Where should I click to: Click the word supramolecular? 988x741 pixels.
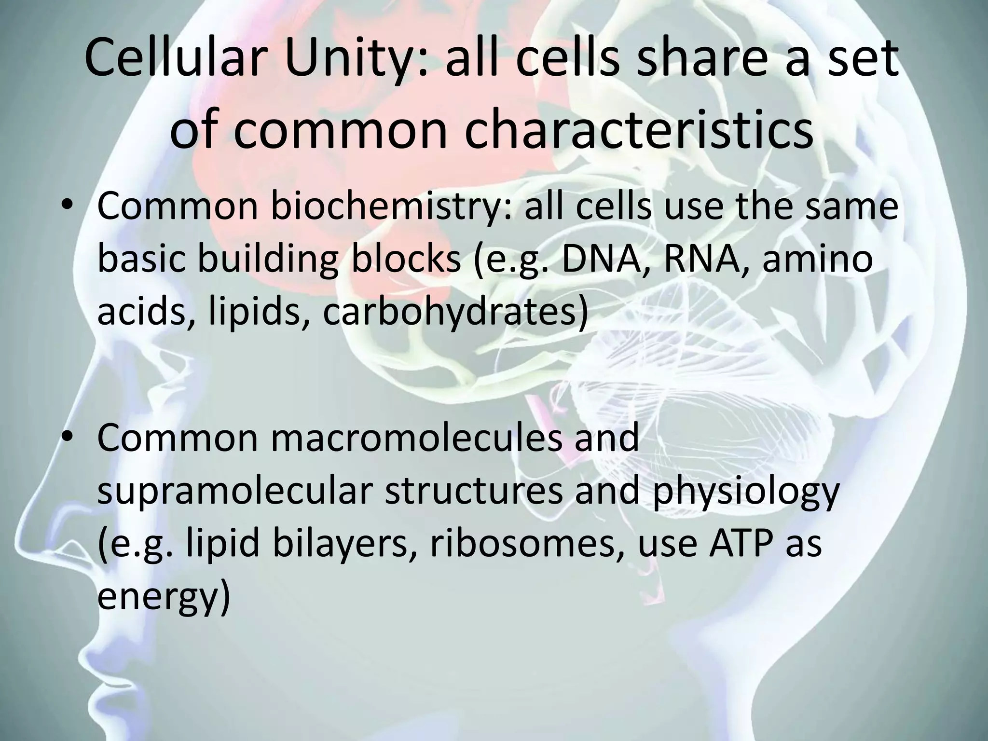coord(234,490)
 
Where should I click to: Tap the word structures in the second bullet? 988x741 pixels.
coord(473,490)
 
